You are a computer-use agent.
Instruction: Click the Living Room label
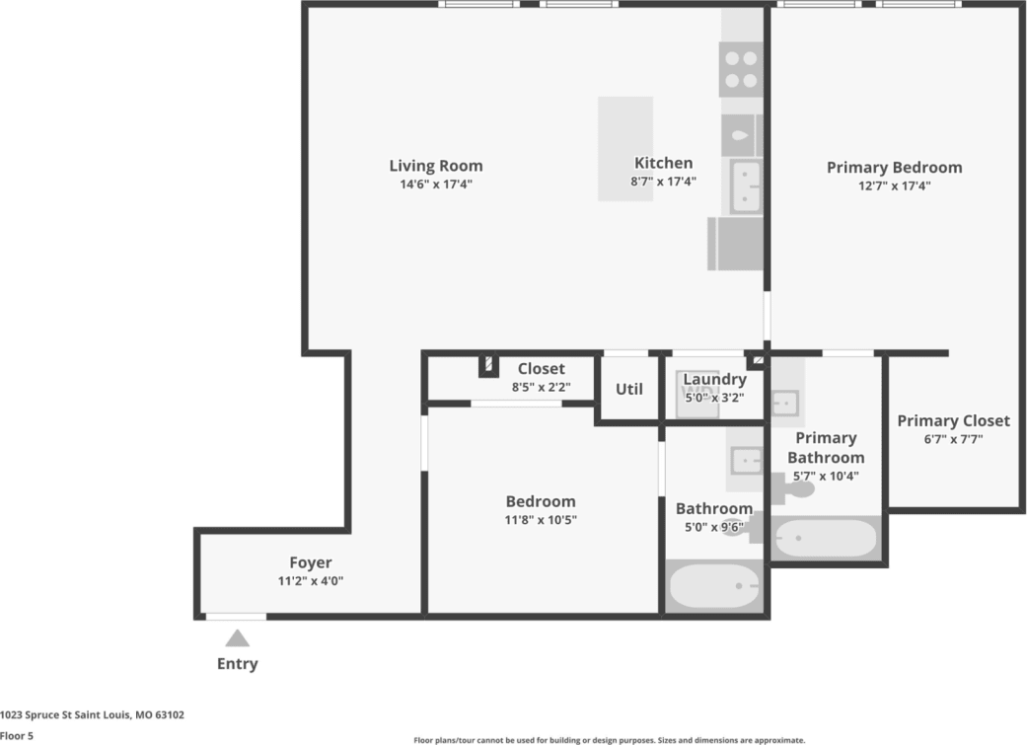point(435,166)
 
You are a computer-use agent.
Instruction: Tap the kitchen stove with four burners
point(740,69)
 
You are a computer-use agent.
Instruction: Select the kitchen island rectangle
point(624,148)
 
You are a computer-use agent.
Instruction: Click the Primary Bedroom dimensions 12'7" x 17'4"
point(894,185)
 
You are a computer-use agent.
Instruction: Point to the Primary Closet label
point(953,421)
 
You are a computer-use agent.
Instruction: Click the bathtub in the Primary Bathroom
point(825,539)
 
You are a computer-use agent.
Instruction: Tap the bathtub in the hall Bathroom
point(715,587)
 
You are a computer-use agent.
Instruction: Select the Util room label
point(629,389)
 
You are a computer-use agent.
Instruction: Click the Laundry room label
point(714,380)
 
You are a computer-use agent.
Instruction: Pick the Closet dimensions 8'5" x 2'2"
point(541,387)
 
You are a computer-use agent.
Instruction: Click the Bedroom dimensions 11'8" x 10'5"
point(541,519)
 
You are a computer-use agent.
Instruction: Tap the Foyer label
point(310,563)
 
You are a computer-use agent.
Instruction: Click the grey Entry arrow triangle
point(237,638)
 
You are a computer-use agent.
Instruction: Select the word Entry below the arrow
point(237,664)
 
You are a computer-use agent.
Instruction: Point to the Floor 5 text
point(17,735)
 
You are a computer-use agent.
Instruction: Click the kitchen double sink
point(746,187)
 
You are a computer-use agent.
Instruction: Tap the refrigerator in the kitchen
point(736,244)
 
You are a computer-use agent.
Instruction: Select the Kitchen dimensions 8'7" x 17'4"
point(663,182)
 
